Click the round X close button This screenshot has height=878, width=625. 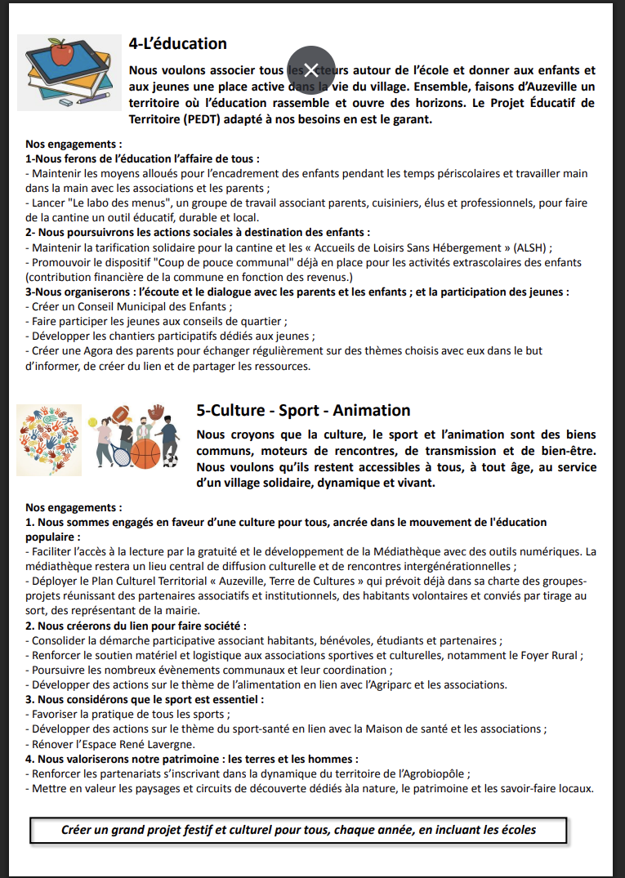310,69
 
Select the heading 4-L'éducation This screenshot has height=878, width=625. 177,43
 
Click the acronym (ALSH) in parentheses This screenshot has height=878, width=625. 532,247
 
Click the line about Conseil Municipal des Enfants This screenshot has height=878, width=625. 129,306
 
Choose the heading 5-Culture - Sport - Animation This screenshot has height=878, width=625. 303,410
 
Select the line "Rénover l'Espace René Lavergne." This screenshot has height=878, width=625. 114,744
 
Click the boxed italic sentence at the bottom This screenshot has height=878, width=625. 298,830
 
